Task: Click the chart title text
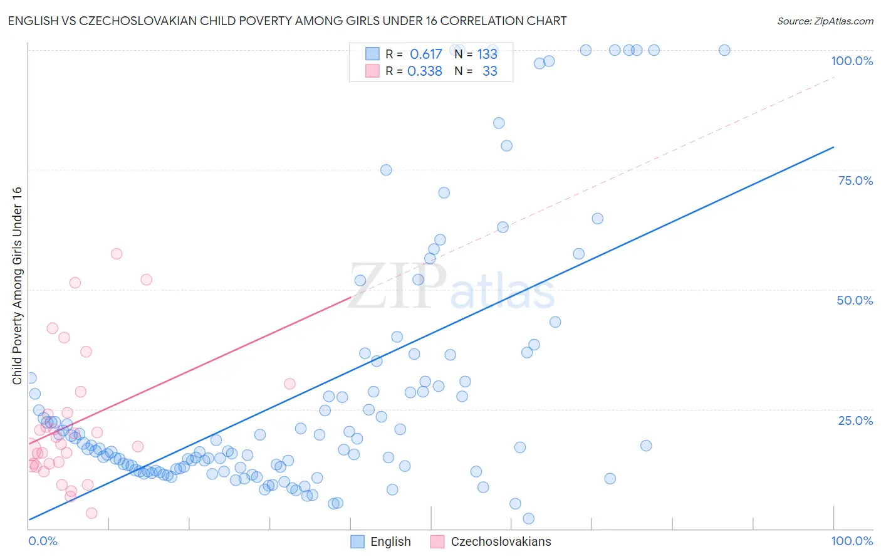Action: point(287,21)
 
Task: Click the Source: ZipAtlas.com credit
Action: point(825,21)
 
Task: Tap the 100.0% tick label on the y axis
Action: point(852,61)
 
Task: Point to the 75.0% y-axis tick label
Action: point(855,180)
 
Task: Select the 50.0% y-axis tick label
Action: point(855,300)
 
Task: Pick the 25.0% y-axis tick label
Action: point(855,421)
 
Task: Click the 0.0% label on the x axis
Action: point(43,541)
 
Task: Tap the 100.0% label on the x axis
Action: point(852,541)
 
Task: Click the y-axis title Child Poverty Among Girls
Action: point(17,285)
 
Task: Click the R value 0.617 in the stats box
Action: point(425,55)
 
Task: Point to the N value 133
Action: point(487,55)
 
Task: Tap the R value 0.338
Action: point(425,71)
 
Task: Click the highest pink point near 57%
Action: point(117,254)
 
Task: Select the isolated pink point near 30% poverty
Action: point(289,384)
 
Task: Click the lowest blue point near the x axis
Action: point(528,518)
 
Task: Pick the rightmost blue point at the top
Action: point(724,50)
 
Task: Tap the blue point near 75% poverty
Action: point(386,170)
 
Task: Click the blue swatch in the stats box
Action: point(372,55)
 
